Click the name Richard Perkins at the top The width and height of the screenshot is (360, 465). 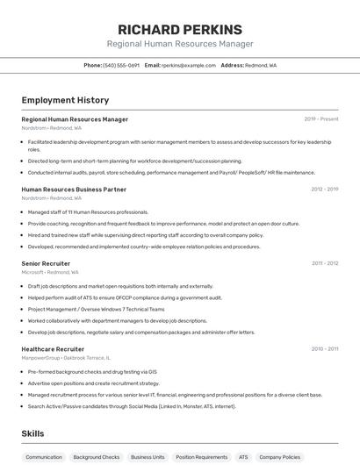[x=179, y=29]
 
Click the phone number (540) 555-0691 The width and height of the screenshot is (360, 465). [x=121, y=65]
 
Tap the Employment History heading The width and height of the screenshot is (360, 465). [x=65, y=100]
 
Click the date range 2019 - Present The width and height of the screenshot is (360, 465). [x=321, y=119]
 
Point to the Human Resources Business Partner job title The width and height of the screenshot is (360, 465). [x=74, y=190]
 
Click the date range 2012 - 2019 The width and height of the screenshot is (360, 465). [x=324, y=190]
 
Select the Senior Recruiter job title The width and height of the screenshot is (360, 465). [x=46, y=263]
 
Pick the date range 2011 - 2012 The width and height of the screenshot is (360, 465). [x=324, y=263]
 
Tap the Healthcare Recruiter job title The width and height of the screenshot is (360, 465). [x=53, y=349]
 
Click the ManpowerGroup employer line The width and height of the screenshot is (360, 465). [x=66, y=359]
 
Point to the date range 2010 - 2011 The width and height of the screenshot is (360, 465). [x=324, y=349]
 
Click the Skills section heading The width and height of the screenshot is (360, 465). [x=32, y=433]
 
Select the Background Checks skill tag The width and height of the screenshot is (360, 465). [x=97, y=457]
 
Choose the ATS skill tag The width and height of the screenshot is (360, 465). [x=243, y=457]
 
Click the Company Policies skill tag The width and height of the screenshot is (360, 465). [x=280, y=457]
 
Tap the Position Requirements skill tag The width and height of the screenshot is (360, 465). [x=201, y=457]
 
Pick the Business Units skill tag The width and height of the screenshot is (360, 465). [x=148, y=457]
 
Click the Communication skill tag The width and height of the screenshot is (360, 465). [x=44, y=457]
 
